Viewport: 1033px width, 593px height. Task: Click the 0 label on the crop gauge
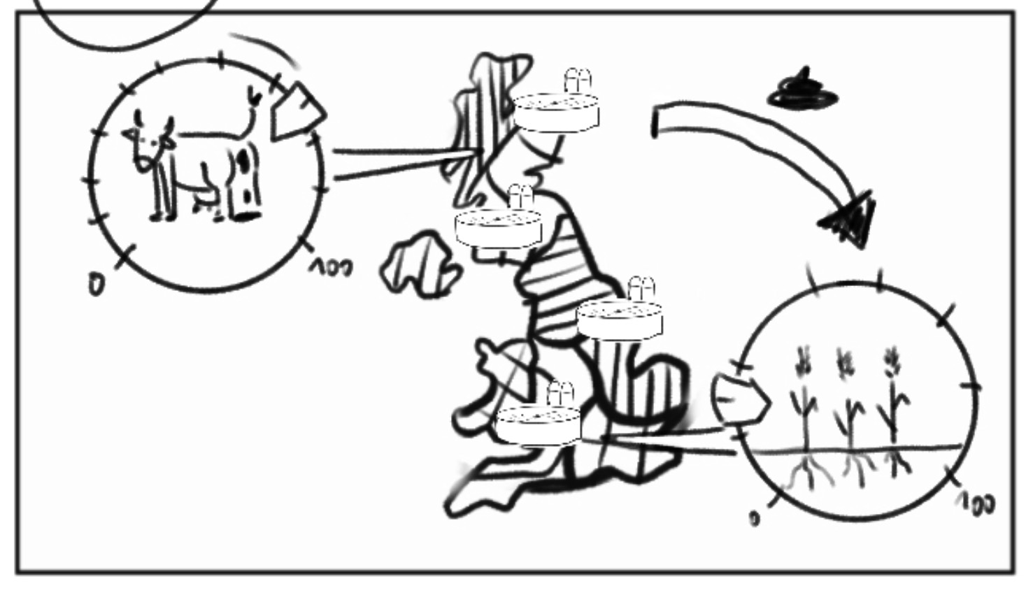pos(754,519)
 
